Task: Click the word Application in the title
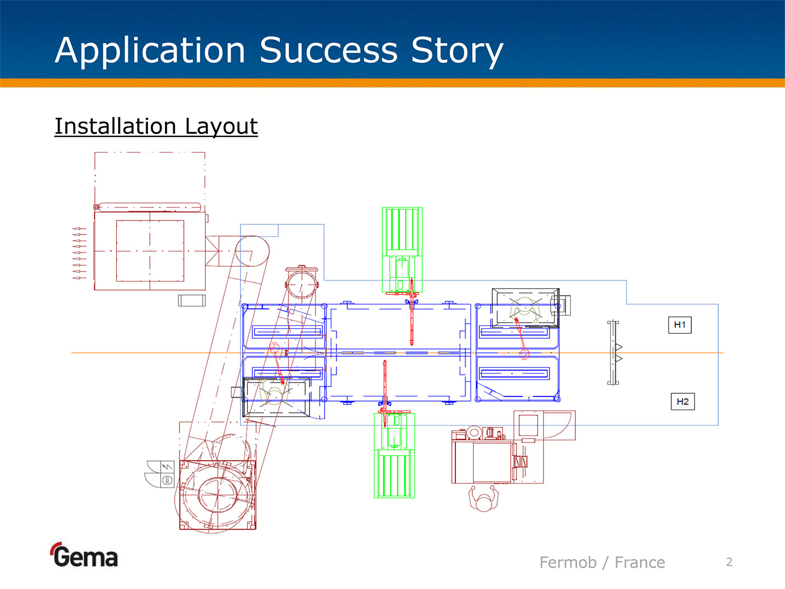150,50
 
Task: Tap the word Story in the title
457,50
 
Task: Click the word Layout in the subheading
221,127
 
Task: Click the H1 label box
680,325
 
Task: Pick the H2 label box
682,402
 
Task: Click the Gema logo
85,555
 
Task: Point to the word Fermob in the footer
567,562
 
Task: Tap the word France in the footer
640,562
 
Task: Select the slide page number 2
729,562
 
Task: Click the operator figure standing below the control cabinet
483,499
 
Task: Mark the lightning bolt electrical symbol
167,467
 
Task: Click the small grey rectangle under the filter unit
192,300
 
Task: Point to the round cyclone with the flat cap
302,283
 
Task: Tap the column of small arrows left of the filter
79,254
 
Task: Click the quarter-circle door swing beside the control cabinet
558,425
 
